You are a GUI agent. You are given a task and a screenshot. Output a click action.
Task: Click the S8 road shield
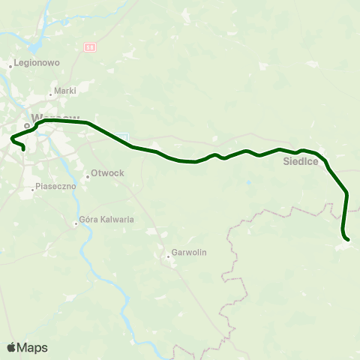[91, 46]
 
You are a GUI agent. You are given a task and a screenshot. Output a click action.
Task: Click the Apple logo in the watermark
[12, 347]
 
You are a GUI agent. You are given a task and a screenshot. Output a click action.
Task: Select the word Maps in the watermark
[32, 347]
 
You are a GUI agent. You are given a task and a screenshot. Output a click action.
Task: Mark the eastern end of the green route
[348, 240]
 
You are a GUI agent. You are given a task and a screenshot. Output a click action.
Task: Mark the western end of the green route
[24, 149]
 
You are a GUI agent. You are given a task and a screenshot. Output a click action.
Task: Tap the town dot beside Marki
[50, 94]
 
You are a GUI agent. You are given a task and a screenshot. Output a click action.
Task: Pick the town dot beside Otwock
[87, 177]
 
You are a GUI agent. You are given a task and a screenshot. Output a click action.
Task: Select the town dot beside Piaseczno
[33, 190]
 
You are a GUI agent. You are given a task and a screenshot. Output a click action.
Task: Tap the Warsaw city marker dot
[27, 125]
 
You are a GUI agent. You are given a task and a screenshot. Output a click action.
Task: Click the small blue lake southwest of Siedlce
[247, 182]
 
